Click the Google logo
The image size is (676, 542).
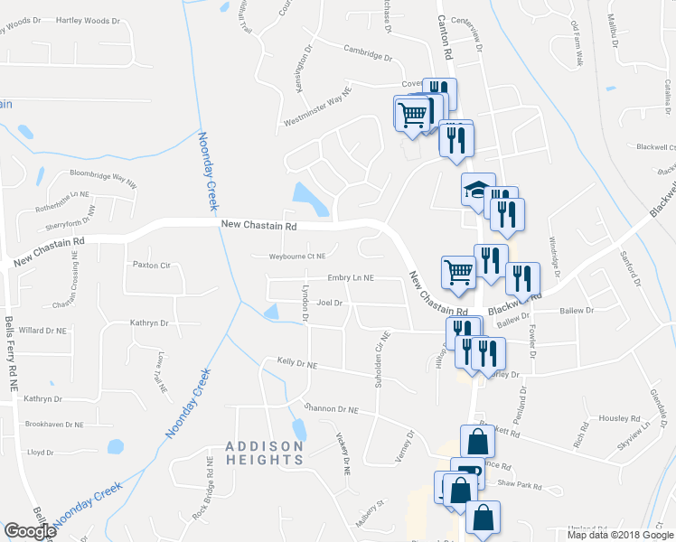30,531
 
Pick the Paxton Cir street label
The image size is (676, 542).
152,266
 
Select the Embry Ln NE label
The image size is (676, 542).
350,278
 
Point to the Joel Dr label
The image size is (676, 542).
330,304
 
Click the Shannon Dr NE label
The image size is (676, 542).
332,409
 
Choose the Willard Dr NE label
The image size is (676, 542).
42,331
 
